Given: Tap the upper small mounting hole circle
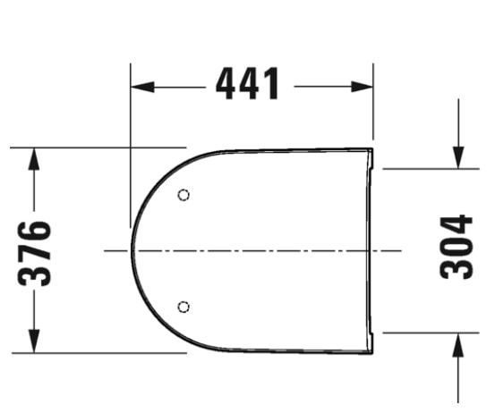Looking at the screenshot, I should tap(184, 195).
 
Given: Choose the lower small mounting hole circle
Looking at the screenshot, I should tap(184, 307).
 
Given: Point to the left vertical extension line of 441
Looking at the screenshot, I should tap(131, 134).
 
